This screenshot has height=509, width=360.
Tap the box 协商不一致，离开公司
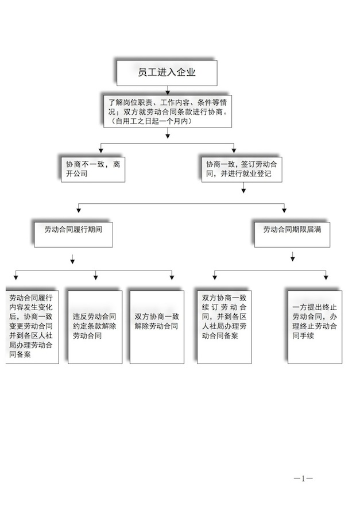tap(92, 168)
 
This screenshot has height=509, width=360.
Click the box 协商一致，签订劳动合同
tap(241, 168)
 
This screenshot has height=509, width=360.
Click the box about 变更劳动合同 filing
tap(32, 326)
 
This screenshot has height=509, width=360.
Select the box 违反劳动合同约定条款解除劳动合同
tap(95, 326)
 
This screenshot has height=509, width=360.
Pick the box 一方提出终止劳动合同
tap(315, 326)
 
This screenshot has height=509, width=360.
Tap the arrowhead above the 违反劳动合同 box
tap(96, 278)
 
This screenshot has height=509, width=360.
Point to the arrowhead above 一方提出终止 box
tap(325, 278)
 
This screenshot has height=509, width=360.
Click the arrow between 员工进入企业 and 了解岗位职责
tap(167, 89)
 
